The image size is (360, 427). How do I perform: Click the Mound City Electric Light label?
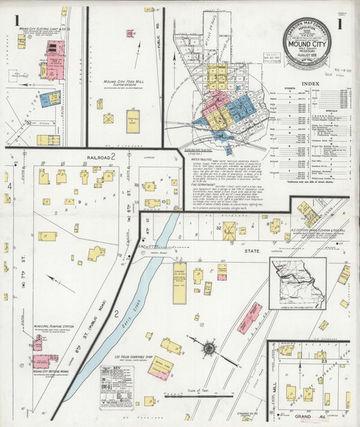click(x=45, y=30)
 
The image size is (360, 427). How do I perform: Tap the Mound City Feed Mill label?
click(x=122, y=82)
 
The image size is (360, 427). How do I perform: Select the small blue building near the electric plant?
click(x=49, y=99)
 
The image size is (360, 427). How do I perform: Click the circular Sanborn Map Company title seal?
click(x=307, y=42)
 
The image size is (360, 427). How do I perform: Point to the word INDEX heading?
click(x=310, y=83)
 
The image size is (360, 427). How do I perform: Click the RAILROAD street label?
click(x=99, y=156)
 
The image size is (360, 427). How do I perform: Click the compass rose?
click(x=209, y=349)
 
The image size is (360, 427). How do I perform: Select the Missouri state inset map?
click(x=297, y=283)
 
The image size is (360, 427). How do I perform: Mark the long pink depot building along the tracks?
click(x=249, y=318)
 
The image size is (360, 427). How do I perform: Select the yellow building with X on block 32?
click(x=229, y=231)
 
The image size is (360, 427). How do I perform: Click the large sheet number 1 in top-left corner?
click(x=17, y=22)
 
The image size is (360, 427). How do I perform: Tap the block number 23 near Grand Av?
click(x=324, y=362)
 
